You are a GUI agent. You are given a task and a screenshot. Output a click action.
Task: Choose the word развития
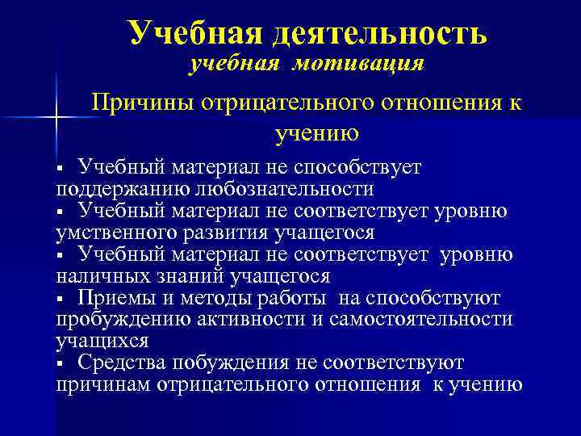tap(224, 233)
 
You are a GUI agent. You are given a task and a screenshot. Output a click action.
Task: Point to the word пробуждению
tap(120, 320)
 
